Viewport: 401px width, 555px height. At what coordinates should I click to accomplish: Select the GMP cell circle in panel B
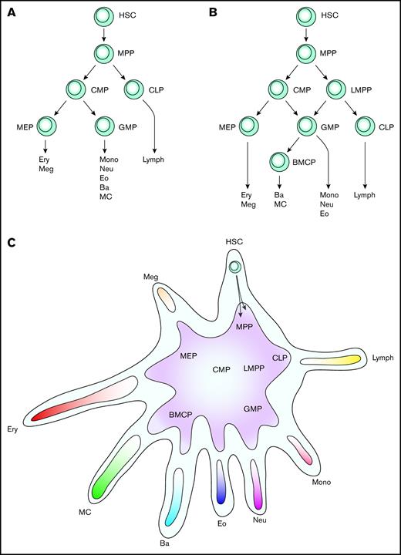[309, 124]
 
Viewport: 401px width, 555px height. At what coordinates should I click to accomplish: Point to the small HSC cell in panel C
[235, 267]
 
